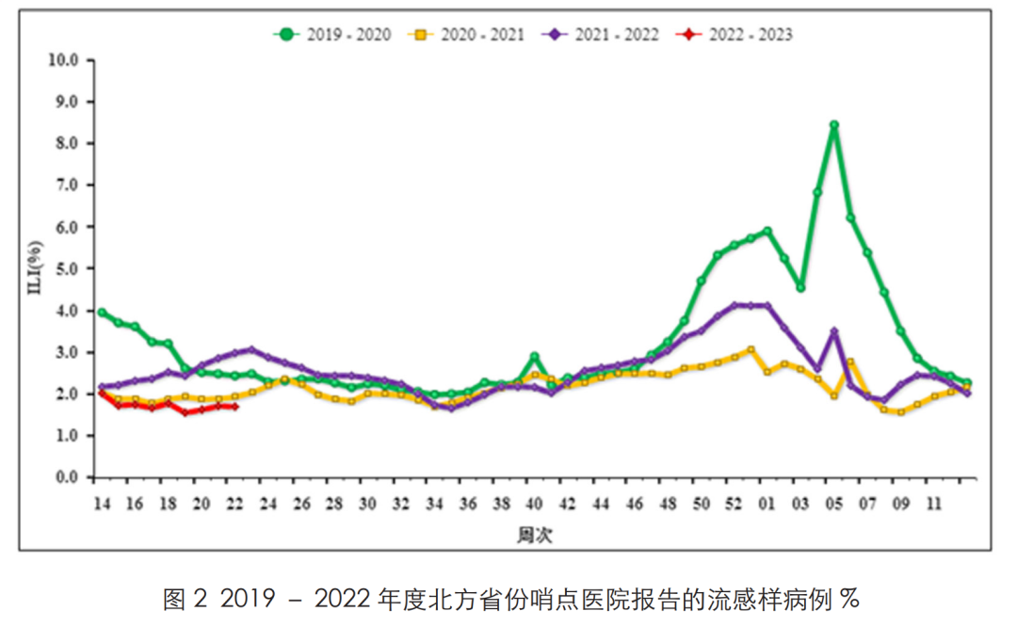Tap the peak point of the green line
click(834, 125)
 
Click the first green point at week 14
click(101, 313)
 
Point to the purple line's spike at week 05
click(834, 331)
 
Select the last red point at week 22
click(234, 407)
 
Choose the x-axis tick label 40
click(534, 504)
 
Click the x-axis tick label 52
click(734, 504)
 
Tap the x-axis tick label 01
click(767, 504)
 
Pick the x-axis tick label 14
click(101, 504)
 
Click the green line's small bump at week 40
click(534, 357)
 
